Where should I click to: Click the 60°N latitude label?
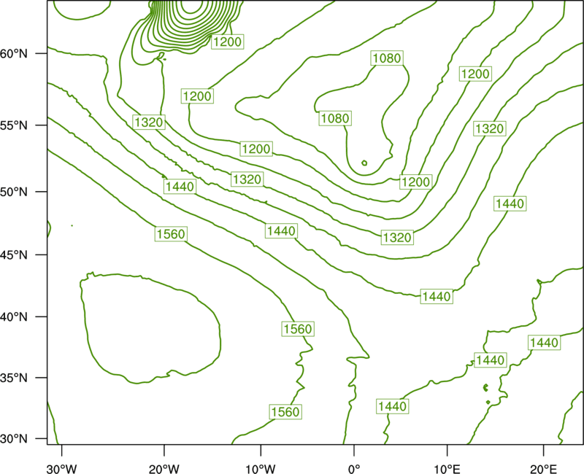(x=14, y=53)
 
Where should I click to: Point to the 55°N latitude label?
(x=14, y=125)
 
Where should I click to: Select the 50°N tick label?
(x=14, y=192)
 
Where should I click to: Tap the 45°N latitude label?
(x=14, y=255)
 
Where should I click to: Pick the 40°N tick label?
(x=14, y=317)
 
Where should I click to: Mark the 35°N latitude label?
(x=14, y=378)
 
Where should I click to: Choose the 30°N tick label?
(x=14, y=439)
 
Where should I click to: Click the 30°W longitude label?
(x=62, y=468)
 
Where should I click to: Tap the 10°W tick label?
(x=261, y=468)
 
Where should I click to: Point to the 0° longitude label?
(x=354, y=468)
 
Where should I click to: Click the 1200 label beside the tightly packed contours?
(x=227, y=42)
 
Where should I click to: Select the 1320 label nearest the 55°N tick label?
(x=149, y=122)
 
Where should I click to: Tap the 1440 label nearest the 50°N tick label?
(x=180, y=187)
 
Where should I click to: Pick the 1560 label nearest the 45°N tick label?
(x=171, y=234)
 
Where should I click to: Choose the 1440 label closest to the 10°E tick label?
(x=437, y=297)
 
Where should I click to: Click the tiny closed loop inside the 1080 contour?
(x=364, y=163)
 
